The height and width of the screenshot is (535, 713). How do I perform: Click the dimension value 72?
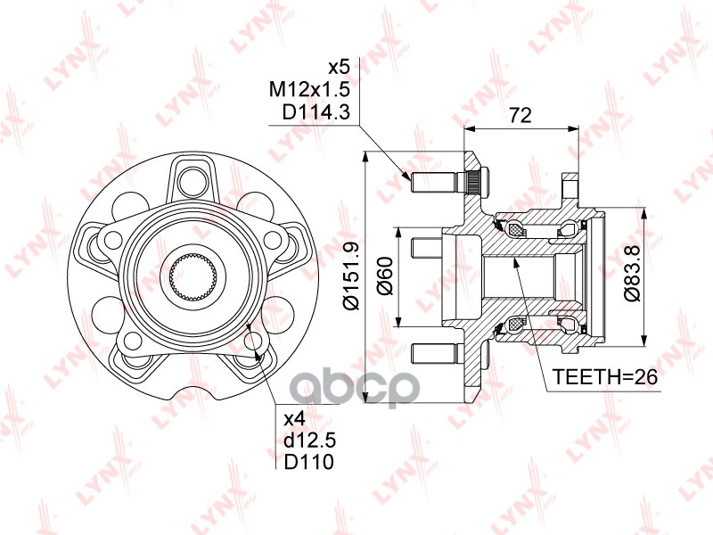[520, 115]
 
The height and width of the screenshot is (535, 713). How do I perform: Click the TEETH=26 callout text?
[605, 378]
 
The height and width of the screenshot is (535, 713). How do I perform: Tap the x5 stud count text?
[339, 68]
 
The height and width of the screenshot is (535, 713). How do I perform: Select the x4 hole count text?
[294, 418]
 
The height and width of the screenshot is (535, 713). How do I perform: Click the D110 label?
[303, 462]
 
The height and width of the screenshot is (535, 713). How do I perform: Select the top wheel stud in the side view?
[433, 182]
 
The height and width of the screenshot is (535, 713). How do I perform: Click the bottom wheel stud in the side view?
[433, 352]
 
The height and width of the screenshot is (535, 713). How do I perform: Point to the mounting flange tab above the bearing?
[570, 191]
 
